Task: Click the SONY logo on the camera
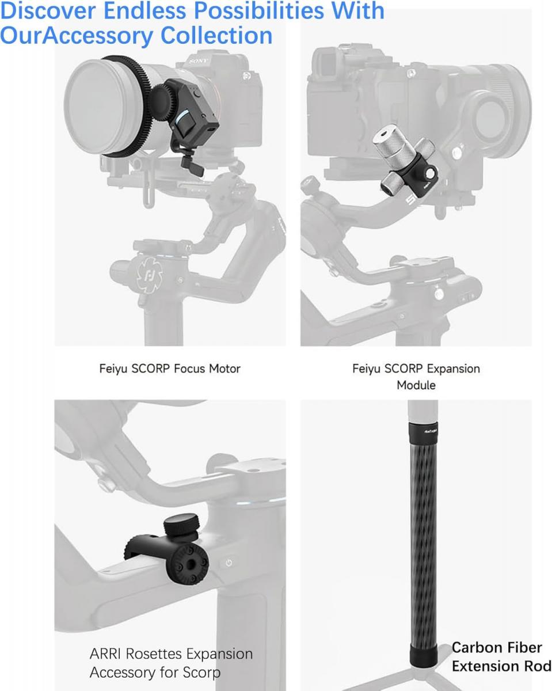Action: pos(199,60)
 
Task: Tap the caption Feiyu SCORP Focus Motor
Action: pos(170,369)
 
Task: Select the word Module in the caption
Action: pos(416,385)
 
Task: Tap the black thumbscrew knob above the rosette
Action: pos(178,526)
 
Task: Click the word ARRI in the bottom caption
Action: pos(107,654)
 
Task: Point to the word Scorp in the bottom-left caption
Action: pos(201,672)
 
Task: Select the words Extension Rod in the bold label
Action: pos(501,666)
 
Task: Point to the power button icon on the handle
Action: pos(229,563)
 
